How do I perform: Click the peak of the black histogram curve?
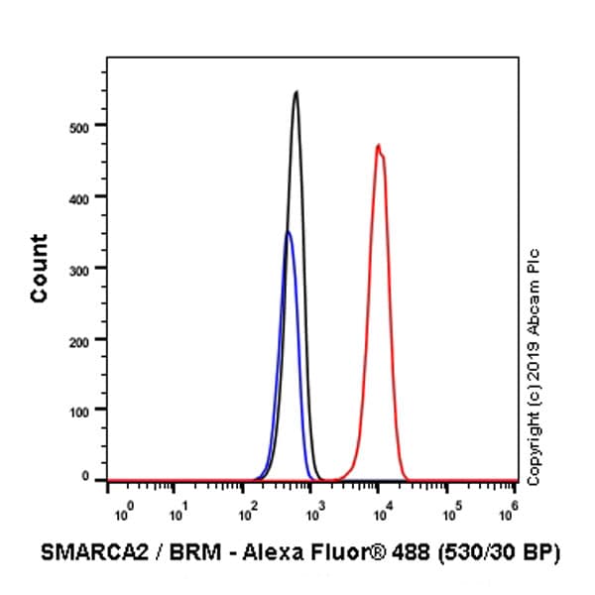point(296,92)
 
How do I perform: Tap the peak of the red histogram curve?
point(378,146)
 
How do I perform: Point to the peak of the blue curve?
point(288,232)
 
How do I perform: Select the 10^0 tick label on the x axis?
point(121,516)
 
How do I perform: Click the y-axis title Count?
point(39,268)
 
